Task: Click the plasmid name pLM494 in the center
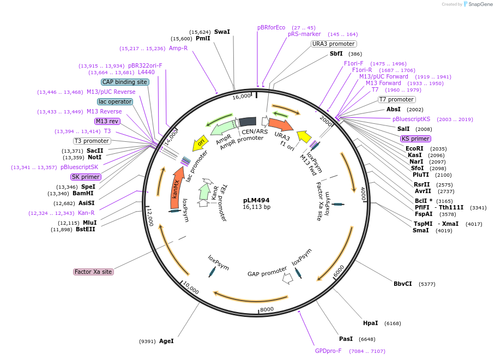(256, 200)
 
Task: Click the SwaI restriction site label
(222, 32)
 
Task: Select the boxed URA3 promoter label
(334, 44)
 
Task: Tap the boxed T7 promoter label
(396, 99)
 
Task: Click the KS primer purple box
(415, 139)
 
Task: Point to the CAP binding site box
(125, 82)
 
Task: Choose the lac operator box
(115, 101)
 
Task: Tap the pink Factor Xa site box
(93, 272)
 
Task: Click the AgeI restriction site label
(166, 341)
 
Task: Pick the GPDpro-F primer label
(328, 351)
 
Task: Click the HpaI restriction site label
(370, 323)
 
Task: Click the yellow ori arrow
(200, 143)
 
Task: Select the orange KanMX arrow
(176, 188)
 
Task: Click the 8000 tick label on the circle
(267, 309)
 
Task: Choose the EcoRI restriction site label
(414, 148)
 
